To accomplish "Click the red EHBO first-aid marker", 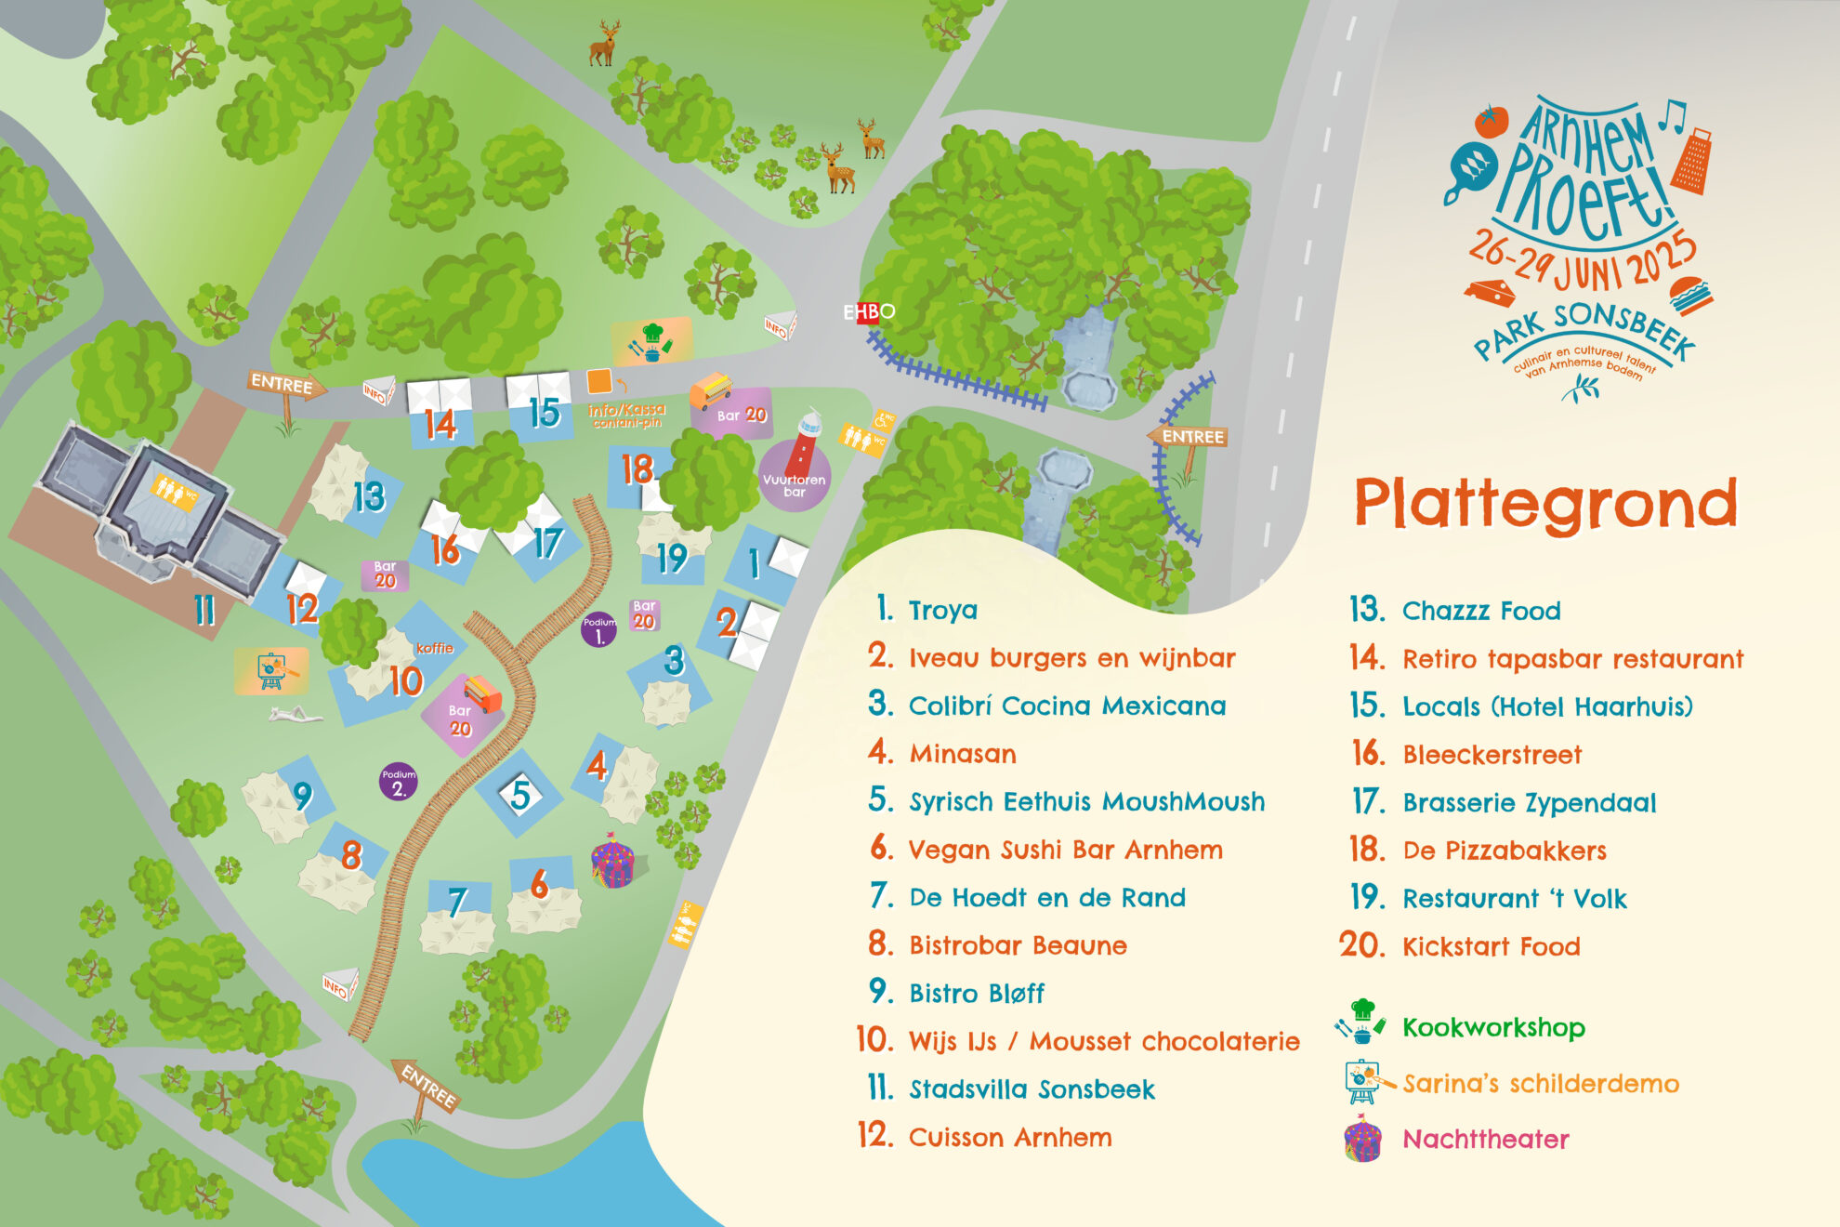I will coord(868,312).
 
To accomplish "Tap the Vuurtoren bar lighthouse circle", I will coord(795,475).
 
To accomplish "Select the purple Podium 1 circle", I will coord(598,630).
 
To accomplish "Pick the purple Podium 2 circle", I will coord(398,783).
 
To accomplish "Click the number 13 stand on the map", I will coord(369,496).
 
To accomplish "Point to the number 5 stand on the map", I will coord(520,794).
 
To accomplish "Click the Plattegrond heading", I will coord(1544,503).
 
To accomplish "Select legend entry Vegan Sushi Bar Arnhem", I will coord(1065,850).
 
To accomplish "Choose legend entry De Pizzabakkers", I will coord(1504,851).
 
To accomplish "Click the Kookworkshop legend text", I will coord(1493,1027).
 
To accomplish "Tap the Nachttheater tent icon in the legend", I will coord(1362,1141).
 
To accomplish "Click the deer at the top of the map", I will coord(604,45).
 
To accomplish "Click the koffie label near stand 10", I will coord(435,648).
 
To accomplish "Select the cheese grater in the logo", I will coord(1692,162).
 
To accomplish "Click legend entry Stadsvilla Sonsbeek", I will coord(1032,1089).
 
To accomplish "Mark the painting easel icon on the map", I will coord(270,670).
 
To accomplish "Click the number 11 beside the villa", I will coord(204,610).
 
